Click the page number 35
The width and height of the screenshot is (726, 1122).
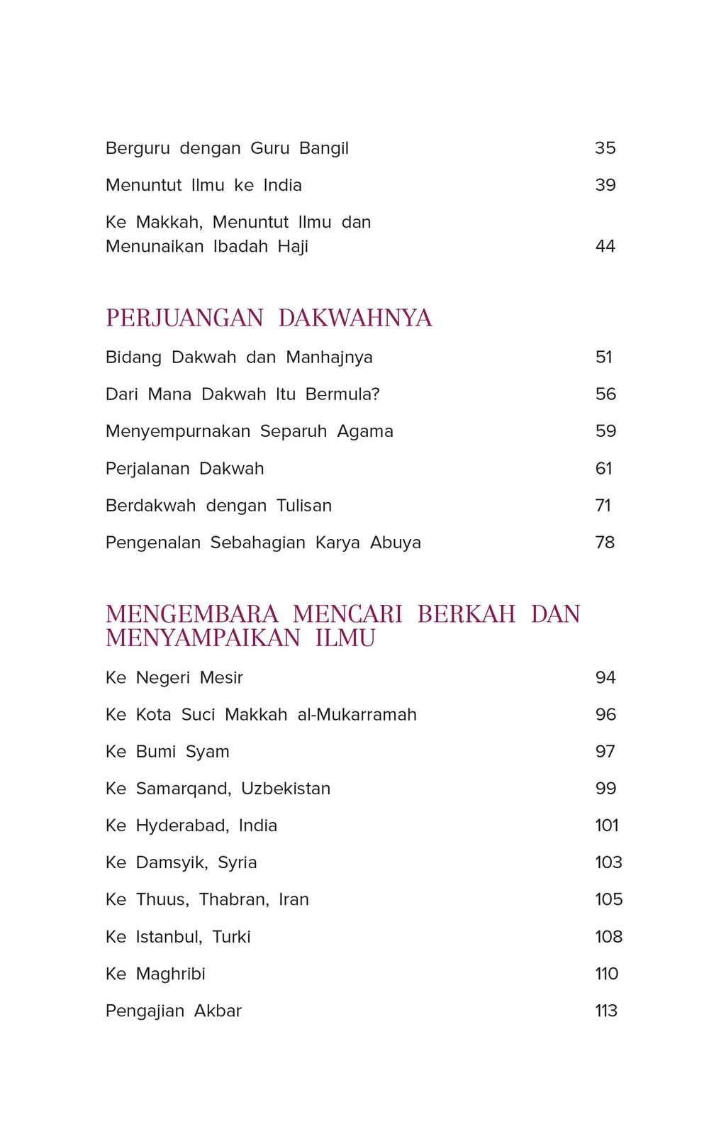click(605, 148)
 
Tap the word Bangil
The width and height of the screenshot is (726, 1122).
click(324, 148)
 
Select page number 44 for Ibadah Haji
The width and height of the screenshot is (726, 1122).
click(605, 246)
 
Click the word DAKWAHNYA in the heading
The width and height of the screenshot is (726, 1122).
click(355, 318)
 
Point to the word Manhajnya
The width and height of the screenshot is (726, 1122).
click(329, 357)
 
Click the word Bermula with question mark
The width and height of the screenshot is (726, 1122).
click(342, 394)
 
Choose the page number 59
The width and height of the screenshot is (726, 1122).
click(605, 431)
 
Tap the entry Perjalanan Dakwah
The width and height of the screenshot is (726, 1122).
click(184, 469)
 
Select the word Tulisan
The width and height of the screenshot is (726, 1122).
click(304, 506)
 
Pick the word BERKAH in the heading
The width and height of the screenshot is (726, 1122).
click(467, 614)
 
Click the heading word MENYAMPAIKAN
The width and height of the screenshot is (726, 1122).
click(203, 638)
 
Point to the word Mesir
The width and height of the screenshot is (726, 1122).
click(221, 678)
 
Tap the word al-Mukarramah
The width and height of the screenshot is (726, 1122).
click(357, 715)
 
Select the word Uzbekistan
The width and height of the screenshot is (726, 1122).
click(286, 789)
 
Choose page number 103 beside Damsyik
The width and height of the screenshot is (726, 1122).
click(608, 862)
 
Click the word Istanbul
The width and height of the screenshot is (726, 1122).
click(169, 937)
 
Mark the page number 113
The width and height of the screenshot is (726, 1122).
click(606, 1011)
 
